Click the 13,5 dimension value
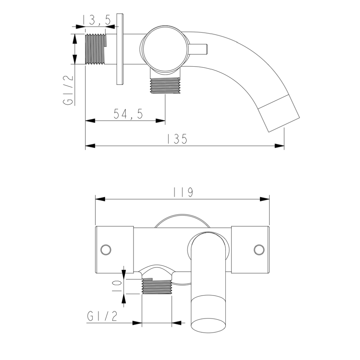(x=96, y=20)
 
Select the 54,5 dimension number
(x=129, y=114)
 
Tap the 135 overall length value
(x=177, y=139)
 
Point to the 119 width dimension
(x=183, y=192)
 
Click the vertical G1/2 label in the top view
(x=68, y=90)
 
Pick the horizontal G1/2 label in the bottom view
(x=102, y=316)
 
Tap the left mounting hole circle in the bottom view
(x=106, y=249)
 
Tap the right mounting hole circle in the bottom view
(x=259, y=249)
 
